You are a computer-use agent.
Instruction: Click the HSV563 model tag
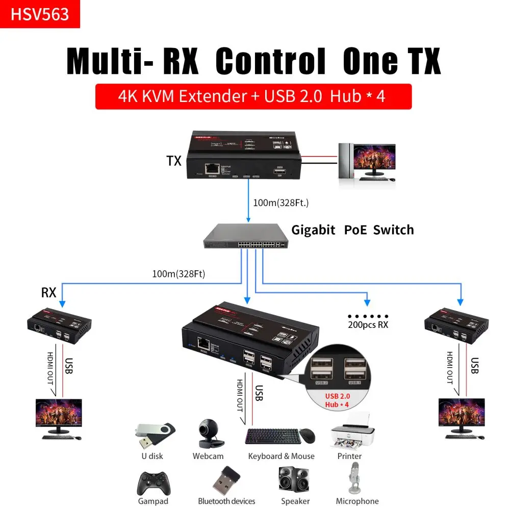pos(40,14)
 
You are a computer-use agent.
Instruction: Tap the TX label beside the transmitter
pos(174,161)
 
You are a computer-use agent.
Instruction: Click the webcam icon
pos(208,433)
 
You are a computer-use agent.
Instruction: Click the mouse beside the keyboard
pos(307,436)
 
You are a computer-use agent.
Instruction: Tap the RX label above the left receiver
pos(48,293)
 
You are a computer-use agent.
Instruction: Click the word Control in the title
pos(270,62)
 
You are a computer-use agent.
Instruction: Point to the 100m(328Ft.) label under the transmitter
pos(280,202)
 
